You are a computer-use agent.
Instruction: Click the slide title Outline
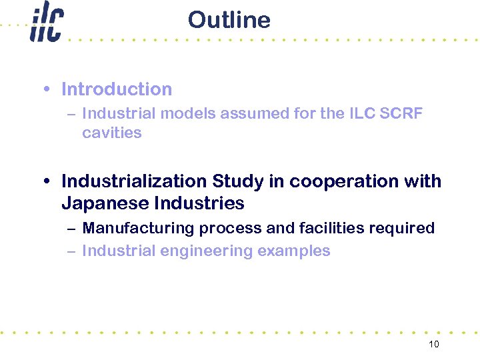(x=229, y=20)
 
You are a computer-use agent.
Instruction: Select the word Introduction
(x=117, y=89)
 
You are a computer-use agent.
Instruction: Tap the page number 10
(x=434, y=344)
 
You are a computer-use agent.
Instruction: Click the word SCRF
(x=401, y=113)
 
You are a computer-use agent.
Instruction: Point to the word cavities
(x=112, y=133)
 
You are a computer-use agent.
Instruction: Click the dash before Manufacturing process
(x=71, y=228)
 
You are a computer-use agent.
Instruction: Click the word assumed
(x=253, y=113)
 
